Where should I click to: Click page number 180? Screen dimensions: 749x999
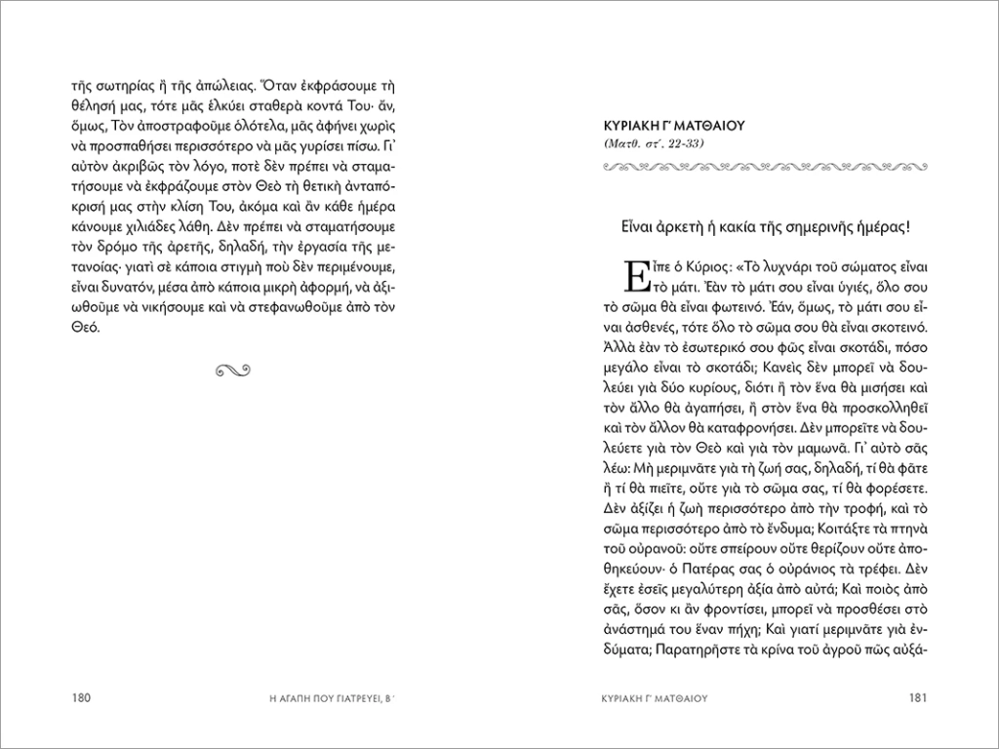coord(80,697)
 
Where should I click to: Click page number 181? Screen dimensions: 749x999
coord(918,697)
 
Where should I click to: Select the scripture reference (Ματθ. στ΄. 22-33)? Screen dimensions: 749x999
coord(656,144)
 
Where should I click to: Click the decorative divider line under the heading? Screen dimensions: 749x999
coord(765,167)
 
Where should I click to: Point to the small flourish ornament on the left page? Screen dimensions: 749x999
coord(235,368)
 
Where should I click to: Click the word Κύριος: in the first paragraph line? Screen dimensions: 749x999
coord(712,266)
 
